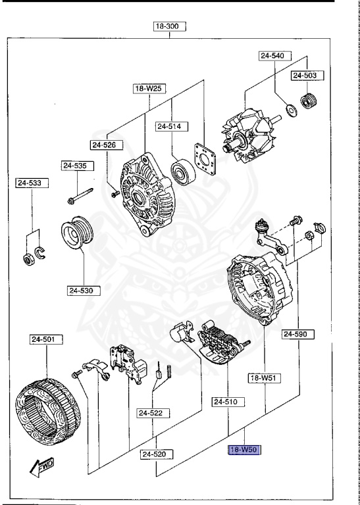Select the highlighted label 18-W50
(244, 450)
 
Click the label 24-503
(305, 76)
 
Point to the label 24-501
(46, 340)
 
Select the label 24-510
(228, 400)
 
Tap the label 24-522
(153, 413)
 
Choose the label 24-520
(157, 454)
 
